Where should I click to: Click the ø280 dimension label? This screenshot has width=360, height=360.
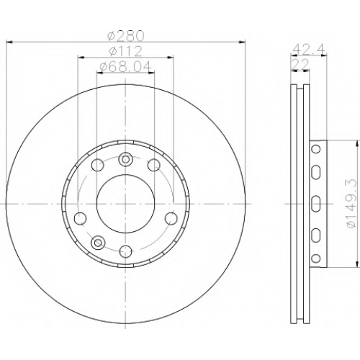click(x=125, y=35)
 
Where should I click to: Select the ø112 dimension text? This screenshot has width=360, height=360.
click(x=125, y=51)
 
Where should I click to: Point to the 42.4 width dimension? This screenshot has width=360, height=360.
click(x=309, y=50)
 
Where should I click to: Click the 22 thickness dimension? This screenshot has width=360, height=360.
click(x=300, y=64)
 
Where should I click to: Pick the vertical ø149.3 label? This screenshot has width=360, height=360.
click(x=351, y=204)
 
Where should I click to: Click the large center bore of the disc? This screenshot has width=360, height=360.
click(x=125, y=204)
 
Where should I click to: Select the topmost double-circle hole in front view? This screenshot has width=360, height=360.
click(x=125, y=159)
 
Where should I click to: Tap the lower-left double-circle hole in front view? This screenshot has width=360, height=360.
click(x=98, y=242)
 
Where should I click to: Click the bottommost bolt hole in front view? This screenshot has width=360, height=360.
click(x=125, y=251)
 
